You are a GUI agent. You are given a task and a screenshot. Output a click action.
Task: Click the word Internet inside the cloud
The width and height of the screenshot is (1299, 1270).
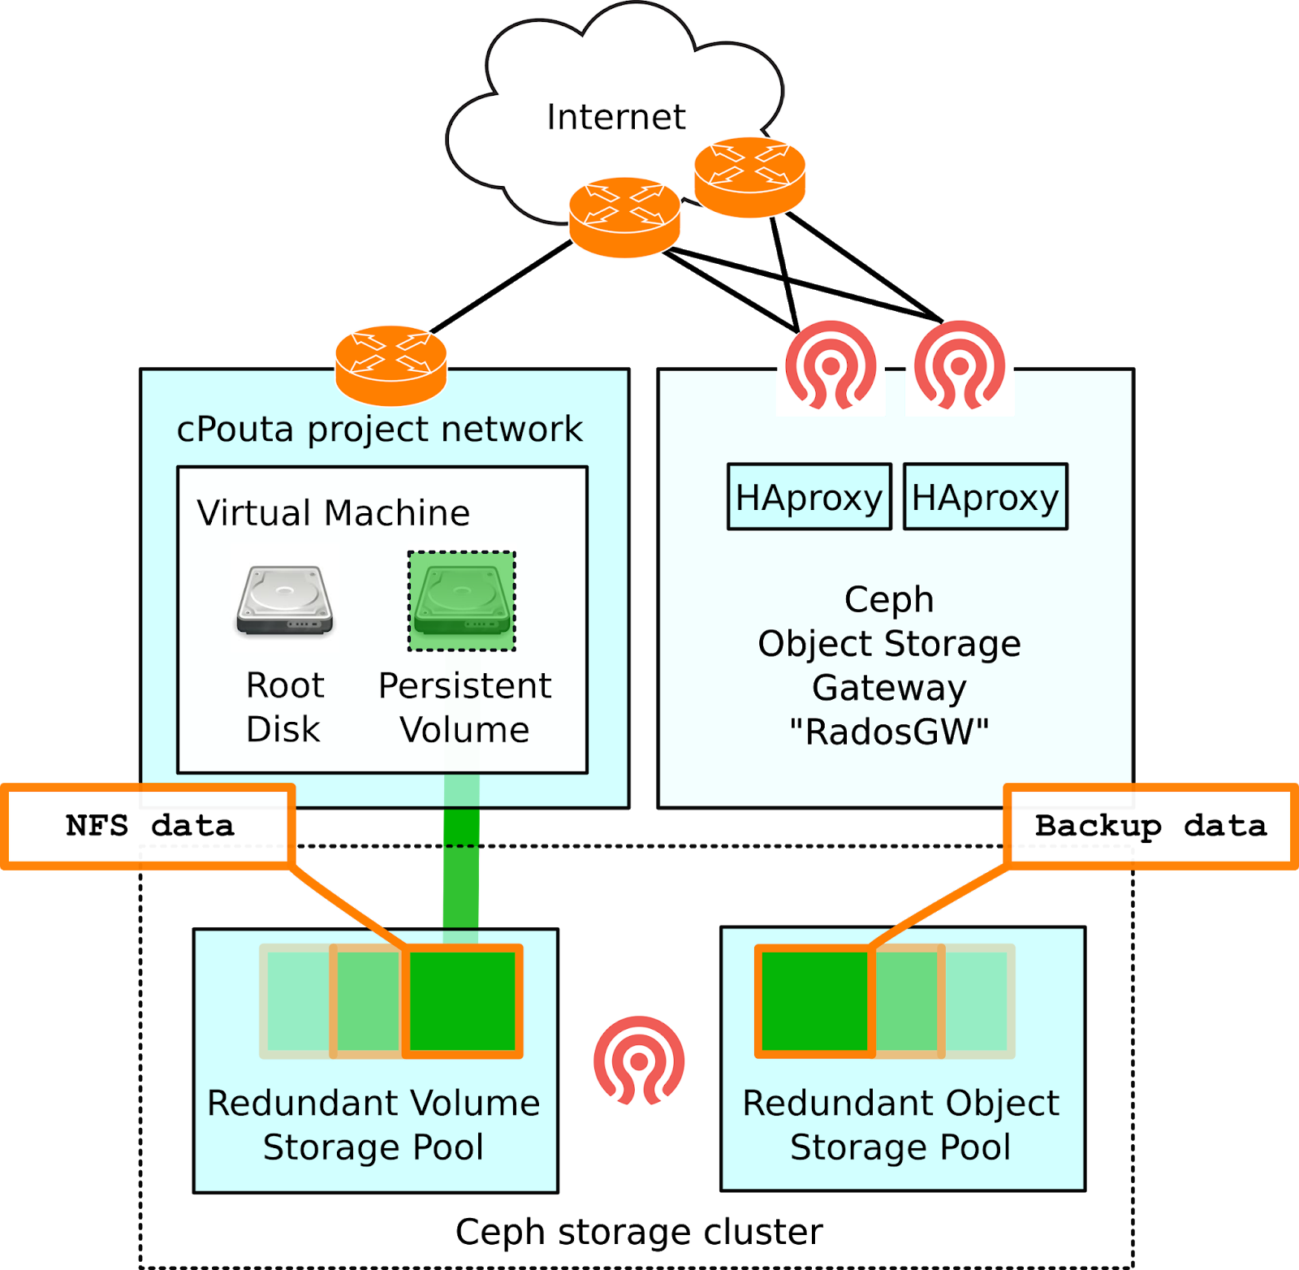click(x=615, y=117)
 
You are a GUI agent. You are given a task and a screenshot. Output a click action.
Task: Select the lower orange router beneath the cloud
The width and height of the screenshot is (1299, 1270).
click(x=624, y=218)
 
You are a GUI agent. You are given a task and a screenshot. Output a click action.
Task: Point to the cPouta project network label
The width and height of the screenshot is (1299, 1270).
click(x=379, y=429)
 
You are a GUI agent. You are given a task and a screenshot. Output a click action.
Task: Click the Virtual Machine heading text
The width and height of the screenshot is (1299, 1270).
click(x=333, y=513)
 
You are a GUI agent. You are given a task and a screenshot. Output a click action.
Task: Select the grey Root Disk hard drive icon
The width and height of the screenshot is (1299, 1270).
click(x=285, y=600)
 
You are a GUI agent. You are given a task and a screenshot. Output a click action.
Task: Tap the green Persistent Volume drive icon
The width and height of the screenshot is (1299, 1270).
click(x=462, y=601)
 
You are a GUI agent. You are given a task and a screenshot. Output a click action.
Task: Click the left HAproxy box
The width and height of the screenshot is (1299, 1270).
click(x=809, y=497)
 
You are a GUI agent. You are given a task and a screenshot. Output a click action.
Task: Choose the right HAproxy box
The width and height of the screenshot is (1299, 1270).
click(x=985, y=497)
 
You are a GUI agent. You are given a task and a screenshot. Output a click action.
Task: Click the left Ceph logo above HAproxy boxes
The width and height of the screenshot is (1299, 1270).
click(x=831, y=365)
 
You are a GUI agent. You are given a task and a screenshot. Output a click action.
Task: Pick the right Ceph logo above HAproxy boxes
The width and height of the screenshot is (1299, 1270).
click(x=960, y=365)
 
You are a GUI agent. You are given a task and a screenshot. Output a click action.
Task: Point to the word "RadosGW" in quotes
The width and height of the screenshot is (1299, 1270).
click(x=889, y=732)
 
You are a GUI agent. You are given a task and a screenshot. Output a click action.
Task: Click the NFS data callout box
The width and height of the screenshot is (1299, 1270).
click(x=149, y=827)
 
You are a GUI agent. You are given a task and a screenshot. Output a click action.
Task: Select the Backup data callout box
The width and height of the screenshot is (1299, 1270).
click(x=1150, y=827)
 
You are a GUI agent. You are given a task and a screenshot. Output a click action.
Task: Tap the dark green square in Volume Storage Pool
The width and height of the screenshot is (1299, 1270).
click(x=462, y=1001)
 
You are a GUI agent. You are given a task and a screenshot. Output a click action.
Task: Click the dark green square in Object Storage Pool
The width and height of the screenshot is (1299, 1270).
click(x=814, y=1001)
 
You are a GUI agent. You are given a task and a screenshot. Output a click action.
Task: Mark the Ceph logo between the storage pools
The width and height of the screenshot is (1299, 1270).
click(x=639, y=1060)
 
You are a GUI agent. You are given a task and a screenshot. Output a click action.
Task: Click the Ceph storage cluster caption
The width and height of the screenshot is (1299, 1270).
click(x=639, y=1232)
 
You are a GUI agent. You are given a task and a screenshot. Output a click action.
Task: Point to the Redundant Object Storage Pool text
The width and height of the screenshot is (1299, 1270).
click(x=901, y=1125)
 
